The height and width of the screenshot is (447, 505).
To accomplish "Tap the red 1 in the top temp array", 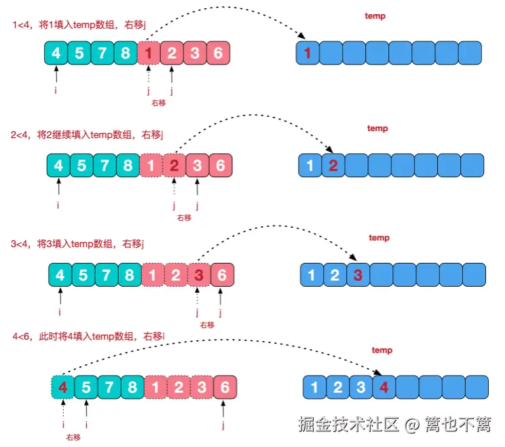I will [308, 53].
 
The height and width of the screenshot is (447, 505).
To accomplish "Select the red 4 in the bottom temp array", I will [384, 388].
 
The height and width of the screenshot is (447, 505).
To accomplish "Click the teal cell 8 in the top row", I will [125, 53].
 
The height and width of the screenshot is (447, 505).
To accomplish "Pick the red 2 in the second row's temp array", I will [333, 165].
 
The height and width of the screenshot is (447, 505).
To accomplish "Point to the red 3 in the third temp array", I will [358, 275].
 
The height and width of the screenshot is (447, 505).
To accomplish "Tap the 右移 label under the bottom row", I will [73, 437].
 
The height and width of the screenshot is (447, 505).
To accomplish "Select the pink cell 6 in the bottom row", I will [225, 387].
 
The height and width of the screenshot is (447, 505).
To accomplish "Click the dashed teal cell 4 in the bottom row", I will [63, 387].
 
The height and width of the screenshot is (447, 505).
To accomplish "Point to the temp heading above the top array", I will [375, 16].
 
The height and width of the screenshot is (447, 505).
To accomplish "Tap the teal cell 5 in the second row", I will [81, 165].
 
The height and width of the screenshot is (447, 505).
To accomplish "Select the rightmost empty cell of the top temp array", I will [470, 53].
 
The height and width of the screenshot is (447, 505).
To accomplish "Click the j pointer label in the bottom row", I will [224, 426].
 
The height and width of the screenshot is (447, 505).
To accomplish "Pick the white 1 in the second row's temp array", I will [310, 165].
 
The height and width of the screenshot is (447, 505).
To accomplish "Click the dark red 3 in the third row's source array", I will [198, 275].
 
